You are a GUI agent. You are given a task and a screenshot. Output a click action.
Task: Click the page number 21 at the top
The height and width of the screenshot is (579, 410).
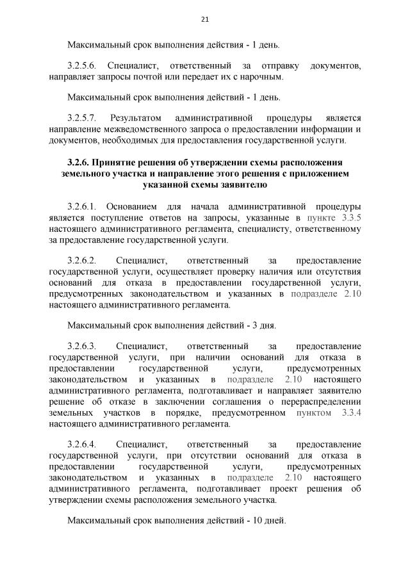[205, 19]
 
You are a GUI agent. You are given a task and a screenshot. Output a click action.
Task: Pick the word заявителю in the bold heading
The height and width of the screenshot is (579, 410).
[238, 184]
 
